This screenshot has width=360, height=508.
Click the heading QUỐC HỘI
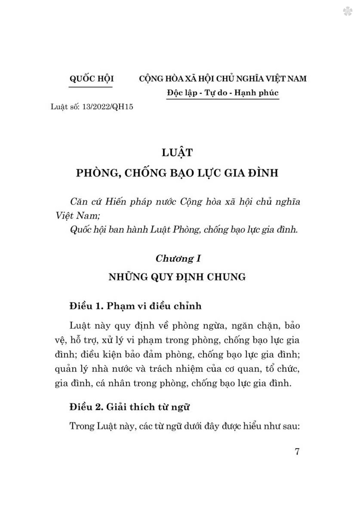pyautogui.click(x=91, y=78)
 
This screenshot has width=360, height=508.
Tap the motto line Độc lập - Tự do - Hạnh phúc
pyautogui.click(x=223, y=93)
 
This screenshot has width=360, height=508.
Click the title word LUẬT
pyautogui.click(x=177, y=152)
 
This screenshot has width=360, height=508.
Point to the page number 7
pyautogui.click(x=297, y=451)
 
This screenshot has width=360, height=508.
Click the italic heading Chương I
pyautogui.click(x=178, y=259)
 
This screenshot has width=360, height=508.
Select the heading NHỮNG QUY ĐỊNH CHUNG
pyautogui.click(x=177, y=277)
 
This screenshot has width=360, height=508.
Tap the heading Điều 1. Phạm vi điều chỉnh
pyautogui.click(x=135, y=306)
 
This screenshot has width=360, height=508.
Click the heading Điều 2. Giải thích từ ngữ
pyautogui.click(x=129, y=407)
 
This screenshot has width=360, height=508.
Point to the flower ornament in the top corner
pyautogui.click(x=347, y=12)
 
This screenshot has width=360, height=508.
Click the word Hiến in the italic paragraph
pyautogui.click(x=116, y=201)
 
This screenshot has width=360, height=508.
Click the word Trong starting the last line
pyautogui.click(x=82, y=426)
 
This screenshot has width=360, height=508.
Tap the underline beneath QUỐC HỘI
pyautogui.click(x=91, y=86)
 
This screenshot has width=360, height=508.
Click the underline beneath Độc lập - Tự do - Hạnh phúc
pyautogui.click(x=223, y=99)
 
